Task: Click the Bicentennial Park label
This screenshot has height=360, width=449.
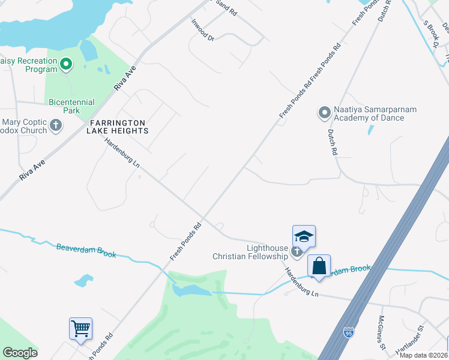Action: click(x=64, y=106)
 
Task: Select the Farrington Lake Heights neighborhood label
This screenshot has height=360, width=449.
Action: click(x=118, y=126)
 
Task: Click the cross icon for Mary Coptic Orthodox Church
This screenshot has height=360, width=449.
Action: click(x=56, y=125)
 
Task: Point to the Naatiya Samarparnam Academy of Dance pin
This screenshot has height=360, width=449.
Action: click(x=324, y=112)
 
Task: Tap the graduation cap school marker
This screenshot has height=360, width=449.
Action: click(x=304, y=236)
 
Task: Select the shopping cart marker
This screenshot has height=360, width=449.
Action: click(x=80, y=328)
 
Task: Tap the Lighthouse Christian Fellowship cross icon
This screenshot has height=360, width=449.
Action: click(x=296, y=251)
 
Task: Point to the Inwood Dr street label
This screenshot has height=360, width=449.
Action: click(x=202, y=30)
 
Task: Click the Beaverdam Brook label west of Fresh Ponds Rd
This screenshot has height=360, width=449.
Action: click(x=86, y=251)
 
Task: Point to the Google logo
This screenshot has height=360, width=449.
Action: click(x=20, y=353)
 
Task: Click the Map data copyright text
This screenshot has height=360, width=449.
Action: click(x=424, y=355)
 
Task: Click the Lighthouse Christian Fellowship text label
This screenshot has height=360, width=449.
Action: click(x=251, y=252)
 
